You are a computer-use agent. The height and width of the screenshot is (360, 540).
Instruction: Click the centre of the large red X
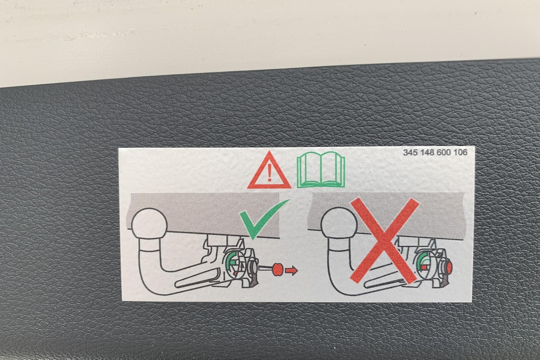(384, 241)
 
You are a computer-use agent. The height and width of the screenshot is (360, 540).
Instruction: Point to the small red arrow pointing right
(292, 271)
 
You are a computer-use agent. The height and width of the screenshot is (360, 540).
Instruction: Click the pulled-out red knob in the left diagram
(277, 269)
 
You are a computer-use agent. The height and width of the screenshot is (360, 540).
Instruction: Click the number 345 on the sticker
(411, 153)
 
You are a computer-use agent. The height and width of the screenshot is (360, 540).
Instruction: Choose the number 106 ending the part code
(460, 153)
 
